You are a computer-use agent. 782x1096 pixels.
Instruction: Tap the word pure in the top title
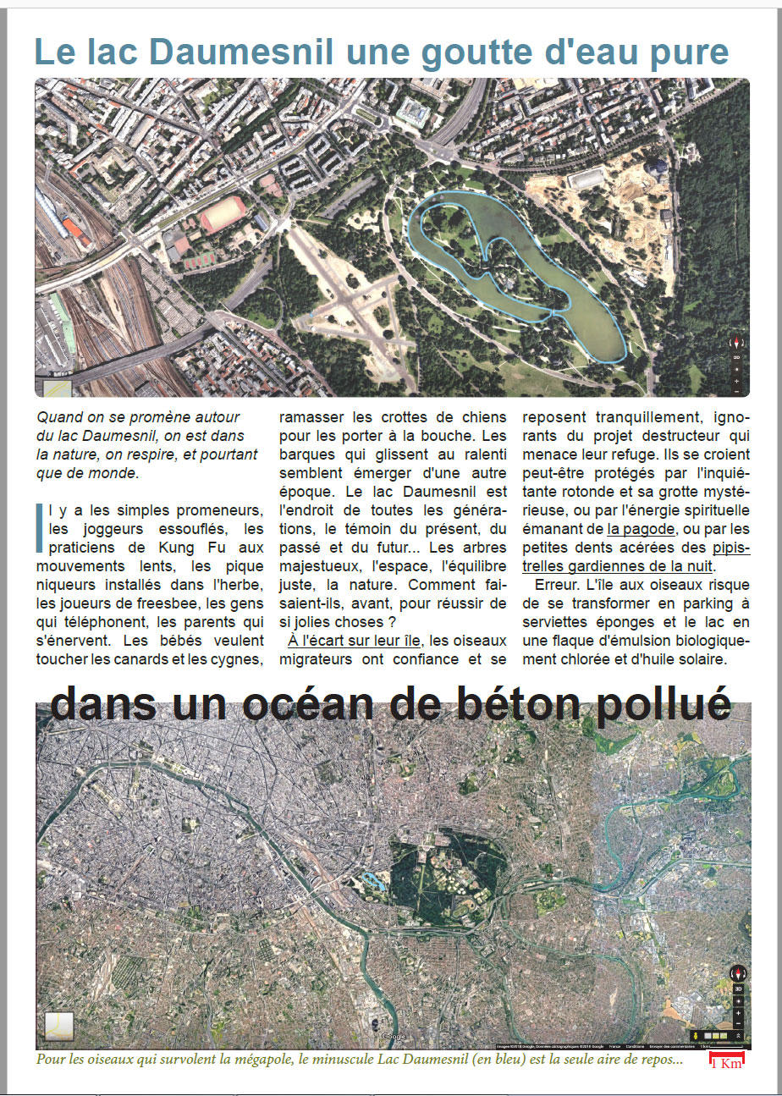pos(687,52)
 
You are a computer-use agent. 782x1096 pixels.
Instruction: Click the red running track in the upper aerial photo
pos(223,214)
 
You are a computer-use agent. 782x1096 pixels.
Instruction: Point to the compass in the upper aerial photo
pos(736,343)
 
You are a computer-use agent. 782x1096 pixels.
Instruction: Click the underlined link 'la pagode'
pos(642,529)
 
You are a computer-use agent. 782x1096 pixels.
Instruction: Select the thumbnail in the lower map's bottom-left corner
pos(59,1026)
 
